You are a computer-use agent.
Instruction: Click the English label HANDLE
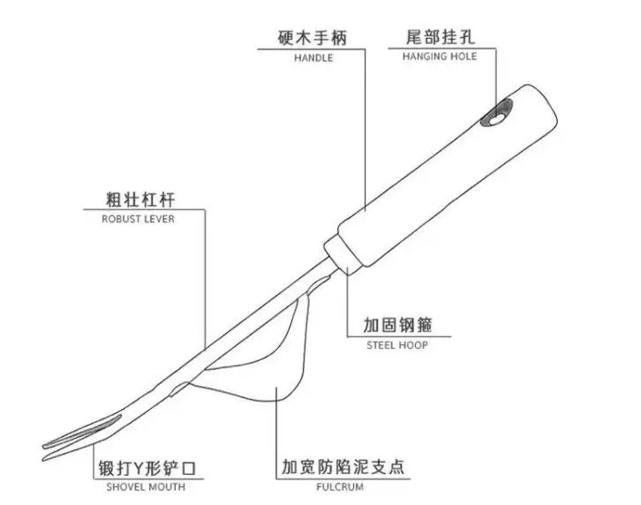[313, 57]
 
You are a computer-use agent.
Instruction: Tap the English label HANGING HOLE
[439, 57]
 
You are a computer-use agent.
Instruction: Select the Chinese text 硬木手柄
[313, 37]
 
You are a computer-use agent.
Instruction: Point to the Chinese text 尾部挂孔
[439, 37]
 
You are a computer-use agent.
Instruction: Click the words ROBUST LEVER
[139, 219]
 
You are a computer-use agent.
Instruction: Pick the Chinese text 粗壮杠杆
[139, 199]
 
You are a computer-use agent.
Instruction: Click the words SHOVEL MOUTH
[147, 486]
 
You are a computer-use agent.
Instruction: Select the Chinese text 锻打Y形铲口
[147, 466]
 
